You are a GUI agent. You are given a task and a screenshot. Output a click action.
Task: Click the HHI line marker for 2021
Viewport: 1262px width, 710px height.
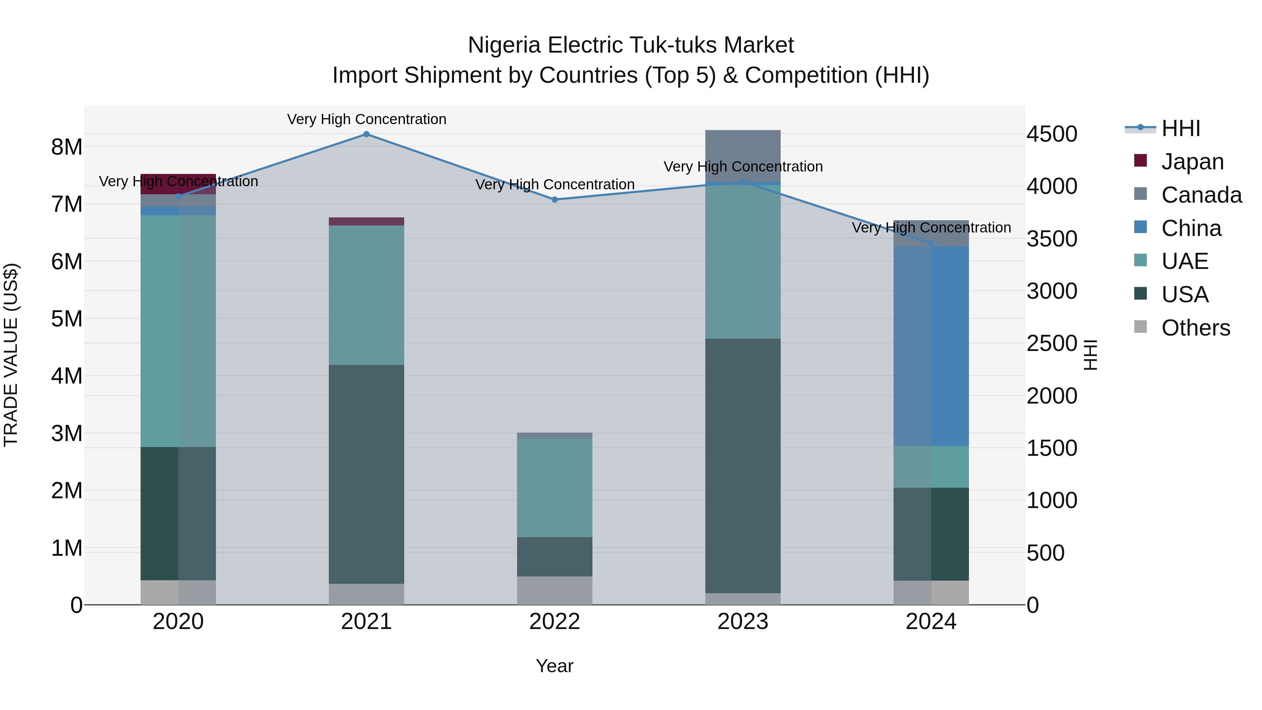366,134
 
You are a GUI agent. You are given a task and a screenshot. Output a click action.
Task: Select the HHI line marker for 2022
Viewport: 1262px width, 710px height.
555,200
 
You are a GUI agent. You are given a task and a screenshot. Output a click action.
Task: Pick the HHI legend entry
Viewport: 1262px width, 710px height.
1180,128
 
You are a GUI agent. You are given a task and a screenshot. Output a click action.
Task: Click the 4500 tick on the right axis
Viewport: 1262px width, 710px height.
1051,134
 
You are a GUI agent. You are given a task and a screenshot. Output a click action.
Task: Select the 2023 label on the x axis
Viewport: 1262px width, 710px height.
743,622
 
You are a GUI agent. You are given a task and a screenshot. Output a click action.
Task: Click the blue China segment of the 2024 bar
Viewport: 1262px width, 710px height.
931,346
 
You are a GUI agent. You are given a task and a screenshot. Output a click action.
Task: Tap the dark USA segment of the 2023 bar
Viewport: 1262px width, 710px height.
743,466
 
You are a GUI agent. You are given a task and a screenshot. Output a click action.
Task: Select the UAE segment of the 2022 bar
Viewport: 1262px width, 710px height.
555,488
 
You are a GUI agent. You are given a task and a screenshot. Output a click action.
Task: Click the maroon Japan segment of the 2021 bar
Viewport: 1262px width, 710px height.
366,222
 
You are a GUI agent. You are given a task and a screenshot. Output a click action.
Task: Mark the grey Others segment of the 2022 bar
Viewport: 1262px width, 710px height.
555,590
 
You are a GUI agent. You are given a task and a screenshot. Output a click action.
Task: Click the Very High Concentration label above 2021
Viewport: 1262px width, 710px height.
366,119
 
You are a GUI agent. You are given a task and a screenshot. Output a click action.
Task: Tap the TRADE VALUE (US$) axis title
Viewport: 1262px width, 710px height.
11,355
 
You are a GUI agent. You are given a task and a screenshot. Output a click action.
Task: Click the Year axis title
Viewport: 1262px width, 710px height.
554,666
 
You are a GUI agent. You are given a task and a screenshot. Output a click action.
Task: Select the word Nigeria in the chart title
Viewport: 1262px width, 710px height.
504,45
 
